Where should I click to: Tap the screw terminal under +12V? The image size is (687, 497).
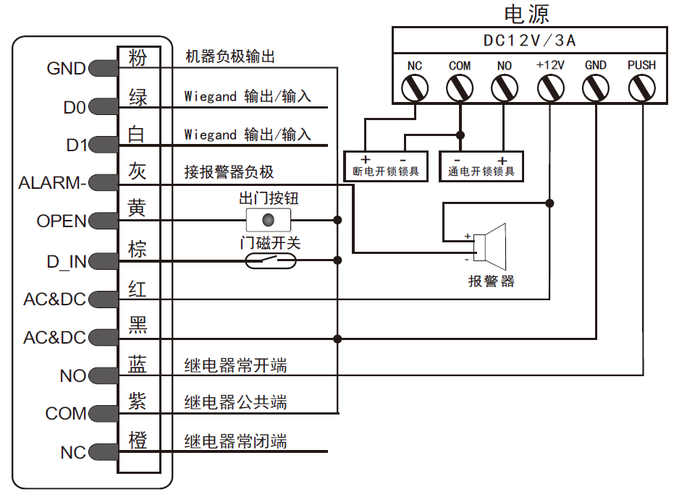pyautogui.click(x=550, y=88)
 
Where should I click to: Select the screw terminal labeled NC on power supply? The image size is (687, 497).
pyautogui.click(x=415, y=88)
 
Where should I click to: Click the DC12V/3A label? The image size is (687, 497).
pyautogui.click(x=529, y=41)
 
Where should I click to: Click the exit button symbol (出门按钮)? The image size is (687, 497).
pyautogui.click(x=269, y=219)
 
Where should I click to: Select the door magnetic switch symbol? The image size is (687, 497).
pyautogui.click(x=271, y=260)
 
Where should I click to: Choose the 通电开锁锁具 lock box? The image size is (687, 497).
pyautogui.click(x=481, y=166)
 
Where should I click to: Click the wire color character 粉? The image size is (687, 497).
pyautogui.click(x=138, y=57)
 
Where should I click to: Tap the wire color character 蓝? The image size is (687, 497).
pyautogui.click(x=138, y=364)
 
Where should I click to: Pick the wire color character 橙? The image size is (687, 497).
pyautogui.click(x=138, y=441)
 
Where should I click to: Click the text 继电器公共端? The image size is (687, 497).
pyautogui.click(x=235, y=402)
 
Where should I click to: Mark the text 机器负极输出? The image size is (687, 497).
pyautogui.click(x=230, y=57)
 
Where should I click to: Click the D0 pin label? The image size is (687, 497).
pyautogui.click(x=74, y=109)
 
